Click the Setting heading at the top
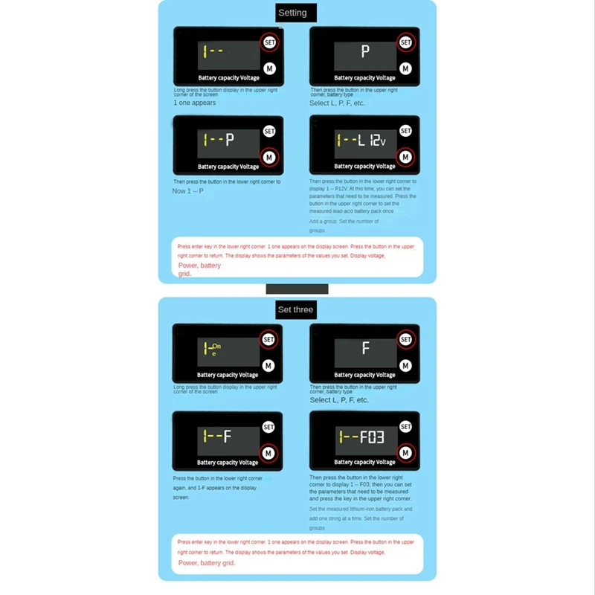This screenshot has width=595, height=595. pyautogui.click(x=292, y=13)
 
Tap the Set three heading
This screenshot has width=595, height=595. pyautogui.click(x=295, y=309)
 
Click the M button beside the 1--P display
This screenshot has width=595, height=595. pyautogui.click(x=269, y=157)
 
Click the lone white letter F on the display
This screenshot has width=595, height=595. pyautogui.click(x=365, y=347)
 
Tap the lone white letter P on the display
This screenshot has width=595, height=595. pyautogui.click(x=365, y=51)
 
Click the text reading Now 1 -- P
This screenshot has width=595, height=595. pyautogui.click(x=189, y=191)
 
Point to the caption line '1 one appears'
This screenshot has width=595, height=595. pyautogui.click(x=195, y=103)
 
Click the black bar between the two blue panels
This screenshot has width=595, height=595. pyautogui.click(x=297, y=289)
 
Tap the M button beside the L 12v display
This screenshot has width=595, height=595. pyautogui.click(x=405, y=156)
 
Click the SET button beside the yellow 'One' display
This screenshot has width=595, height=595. pyautogui.click(x=268, y=339)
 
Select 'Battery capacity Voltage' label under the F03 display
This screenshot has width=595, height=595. pyautogui.click(x=364, y=462)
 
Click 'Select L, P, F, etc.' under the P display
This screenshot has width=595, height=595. pyautogui.click(x=338, y=103)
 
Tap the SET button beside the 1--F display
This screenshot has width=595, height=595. pyautogui.click(x=268, y=427)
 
